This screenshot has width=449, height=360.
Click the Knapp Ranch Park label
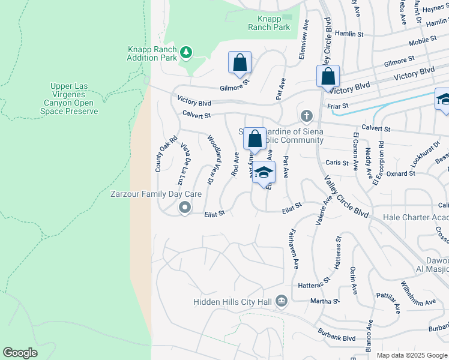[270, 23]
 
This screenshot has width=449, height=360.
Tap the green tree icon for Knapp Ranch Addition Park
[186, 53]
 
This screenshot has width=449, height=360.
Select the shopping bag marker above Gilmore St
[240, 62]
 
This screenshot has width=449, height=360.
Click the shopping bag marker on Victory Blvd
[328, 77]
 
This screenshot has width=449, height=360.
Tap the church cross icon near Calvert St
[306, 115]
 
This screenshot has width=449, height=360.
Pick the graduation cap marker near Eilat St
[264, 173]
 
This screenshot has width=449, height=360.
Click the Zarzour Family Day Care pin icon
[185, 208]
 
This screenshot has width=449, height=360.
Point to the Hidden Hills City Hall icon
[282, 301]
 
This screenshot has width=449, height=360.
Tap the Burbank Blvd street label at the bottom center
[334, 332]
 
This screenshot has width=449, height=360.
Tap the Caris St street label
[337, 163]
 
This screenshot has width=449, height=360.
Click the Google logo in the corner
[20, 353]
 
